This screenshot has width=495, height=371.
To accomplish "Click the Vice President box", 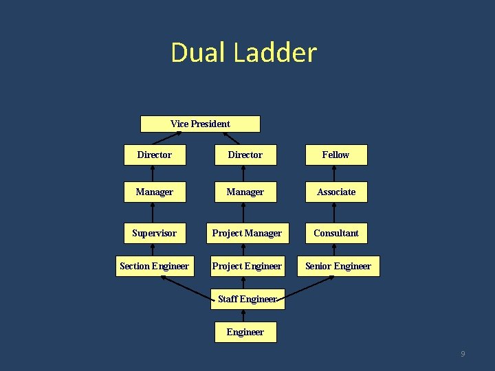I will [x=200, y=124].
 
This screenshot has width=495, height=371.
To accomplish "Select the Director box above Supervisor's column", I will [x=154, y=155].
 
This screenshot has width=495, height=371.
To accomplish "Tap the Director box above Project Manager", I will [x=245, y=155].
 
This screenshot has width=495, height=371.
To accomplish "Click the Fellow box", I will [x=336, y=155].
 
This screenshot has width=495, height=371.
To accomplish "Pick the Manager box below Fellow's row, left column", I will [x=154, y=192].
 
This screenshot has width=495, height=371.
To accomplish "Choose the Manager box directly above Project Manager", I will [x=245, y=192].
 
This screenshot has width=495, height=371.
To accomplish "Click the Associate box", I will [x=336, y=192].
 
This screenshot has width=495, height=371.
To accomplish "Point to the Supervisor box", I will [x=154, y=233].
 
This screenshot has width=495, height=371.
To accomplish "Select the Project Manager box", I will [x=247, y=233].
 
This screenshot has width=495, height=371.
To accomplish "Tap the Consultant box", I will [x=336, y=233].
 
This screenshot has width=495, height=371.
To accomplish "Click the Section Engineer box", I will [x=154, y=266].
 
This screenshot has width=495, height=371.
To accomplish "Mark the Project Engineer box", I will [x=247, y=266].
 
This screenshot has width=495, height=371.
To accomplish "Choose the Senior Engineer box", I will [x=338, y=266].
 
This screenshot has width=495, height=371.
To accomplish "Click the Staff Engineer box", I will [x=247, y=299].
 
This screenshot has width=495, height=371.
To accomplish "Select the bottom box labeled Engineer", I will [x=245, y=332].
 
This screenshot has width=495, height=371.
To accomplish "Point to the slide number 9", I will [x=463, y=354].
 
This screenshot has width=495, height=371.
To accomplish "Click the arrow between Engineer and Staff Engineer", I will [x=244, y=315].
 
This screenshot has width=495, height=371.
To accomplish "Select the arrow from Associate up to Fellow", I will [x=336, y=174].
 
